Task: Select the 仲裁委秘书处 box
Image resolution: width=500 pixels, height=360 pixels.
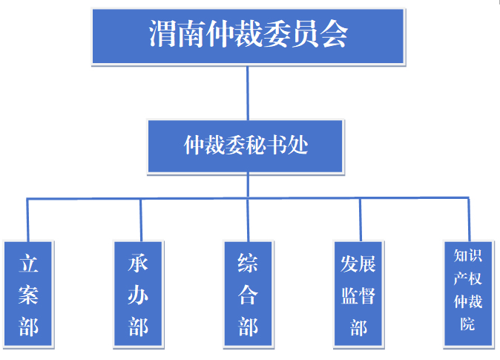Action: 246,145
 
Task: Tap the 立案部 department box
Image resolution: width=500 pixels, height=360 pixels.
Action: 28,294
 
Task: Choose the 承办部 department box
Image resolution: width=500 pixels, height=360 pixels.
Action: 139,294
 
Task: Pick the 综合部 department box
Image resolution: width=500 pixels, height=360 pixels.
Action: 248,294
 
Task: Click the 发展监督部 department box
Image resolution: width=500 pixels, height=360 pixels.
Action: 359,294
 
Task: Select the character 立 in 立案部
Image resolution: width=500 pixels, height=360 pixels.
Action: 29,264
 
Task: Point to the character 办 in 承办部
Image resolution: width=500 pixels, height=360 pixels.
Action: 139,295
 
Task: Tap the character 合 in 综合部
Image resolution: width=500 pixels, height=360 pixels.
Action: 248,295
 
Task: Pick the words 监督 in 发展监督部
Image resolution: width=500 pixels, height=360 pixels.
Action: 359,296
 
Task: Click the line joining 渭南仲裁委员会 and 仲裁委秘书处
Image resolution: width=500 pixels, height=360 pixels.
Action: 247,92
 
